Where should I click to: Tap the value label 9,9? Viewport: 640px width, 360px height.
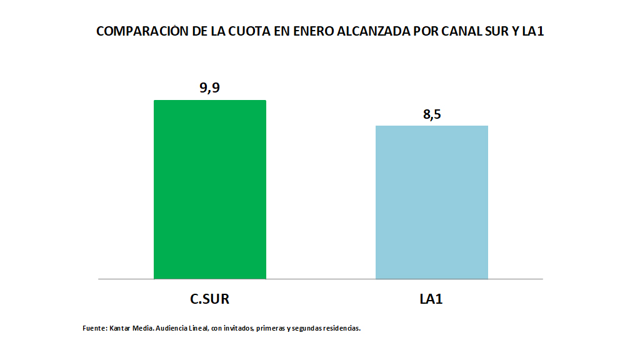tap(209, 87)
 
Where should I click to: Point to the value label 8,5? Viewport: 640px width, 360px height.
tap(431, 114)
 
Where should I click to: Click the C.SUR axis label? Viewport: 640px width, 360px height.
tap(209, 299)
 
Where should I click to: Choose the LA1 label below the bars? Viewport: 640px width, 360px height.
tap(431, 299)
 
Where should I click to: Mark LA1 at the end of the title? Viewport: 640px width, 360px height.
tap(533, 31)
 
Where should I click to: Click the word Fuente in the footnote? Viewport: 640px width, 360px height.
tap(94, 327)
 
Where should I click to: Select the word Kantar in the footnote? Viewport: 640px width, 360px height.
tap(120, 327)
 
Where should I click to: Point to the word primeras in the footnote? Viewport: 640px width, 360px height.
tap(270, 327)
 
